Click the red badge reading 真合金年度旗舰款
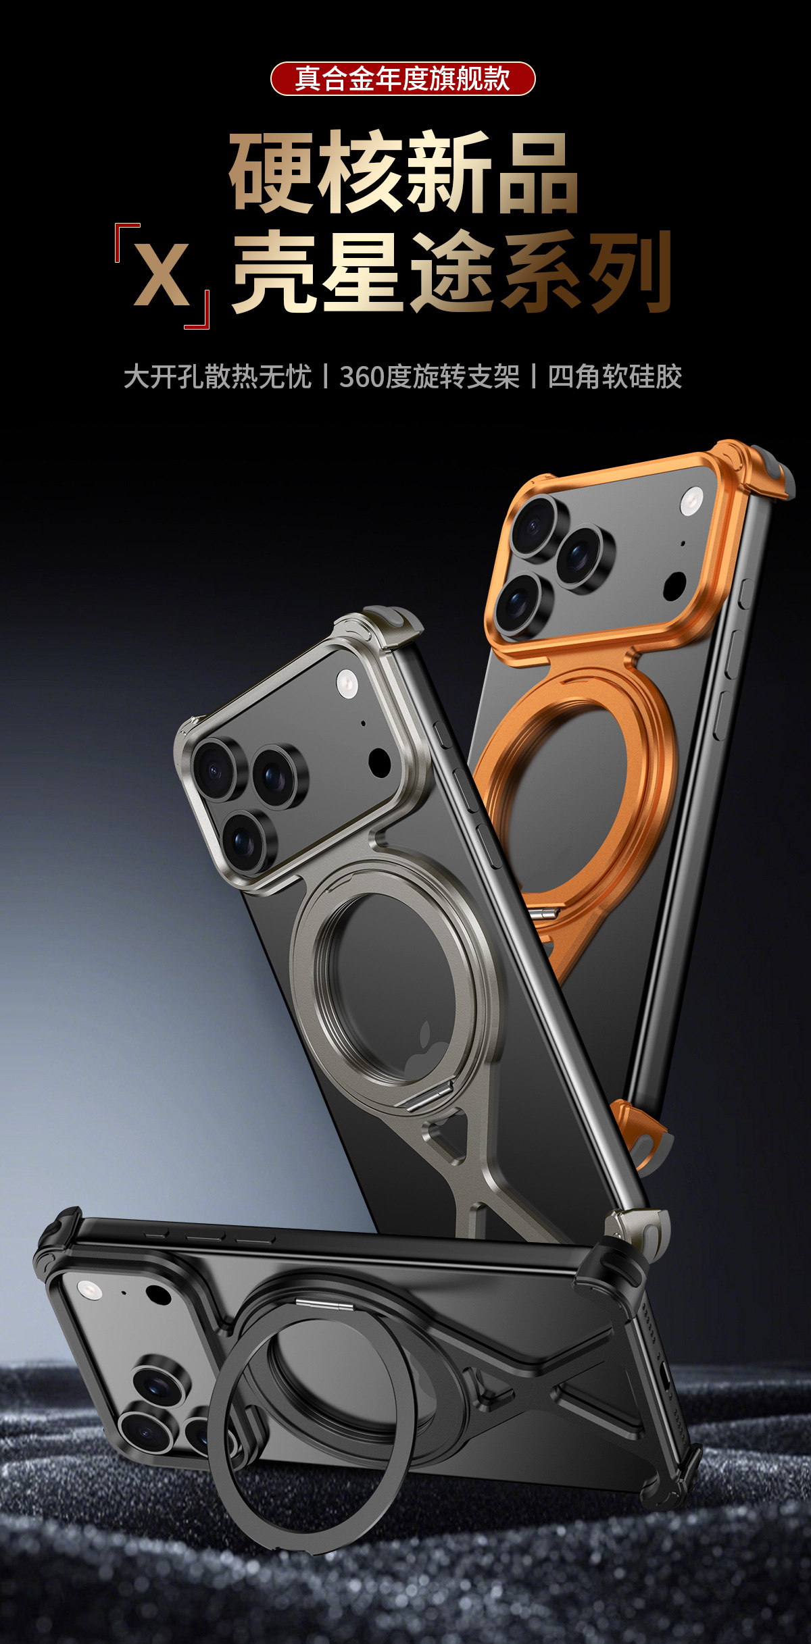(x=403, y=79)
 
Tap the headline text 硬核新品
(x=403, y=172)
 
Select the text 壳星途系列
(x=451, y=273)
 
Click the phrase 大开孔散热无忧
(x=218, y=377)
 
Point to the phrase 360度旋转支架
(x=429, y=377)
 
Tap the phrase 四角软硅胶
(x=614, y=377)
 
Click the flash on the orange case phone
(x=691, y=501)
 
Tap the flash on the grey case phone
(x=347, y=683)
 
